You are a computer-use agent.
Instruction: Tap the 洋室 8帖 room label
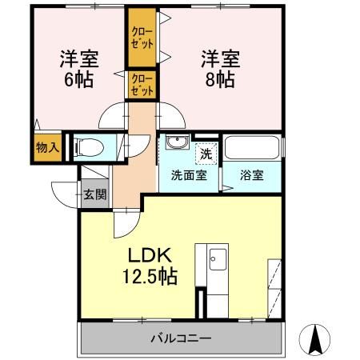coord(218,68)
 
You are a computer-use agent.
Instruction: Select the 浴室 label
coord(250,176)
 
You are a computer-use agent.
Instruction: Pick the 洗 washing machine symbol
coord(206,153)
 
